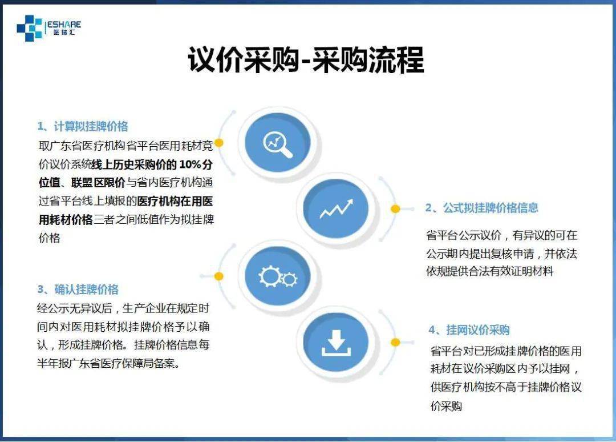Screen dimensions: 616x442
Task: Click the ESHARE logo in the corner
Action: click(x=48, y=28)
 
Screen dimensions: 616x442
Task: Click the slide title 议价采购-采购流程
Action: click(x=306, y=60)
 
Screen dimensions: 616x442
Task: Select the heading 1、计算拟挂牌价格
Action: click(x=83, y=126)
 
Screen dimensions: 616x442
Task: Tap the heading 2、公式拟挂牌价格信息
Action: click(x=481, y=208)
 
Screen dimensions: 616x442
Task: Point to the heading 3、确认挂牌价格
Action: click(x=78, y=290)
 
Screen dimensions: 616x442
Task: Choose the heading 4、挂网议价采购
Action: click(x=469, y=330)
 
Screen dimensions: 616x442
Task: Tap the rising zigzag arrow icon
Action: click(x=337, y=208)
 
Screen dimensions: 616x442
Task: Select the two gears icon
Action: click(x=278, y=276)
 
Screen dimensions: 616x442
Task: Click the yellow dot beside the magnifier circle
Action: click(x=219, y=143)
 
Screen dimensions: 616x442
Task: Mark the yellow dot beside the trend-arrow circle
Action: click(x=396, y=209)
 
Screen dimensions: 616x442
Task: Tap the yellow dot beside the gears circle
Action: click(x=219, y=276)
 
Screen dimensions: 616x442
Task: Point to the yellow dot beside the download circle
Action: click(x=396, y=343)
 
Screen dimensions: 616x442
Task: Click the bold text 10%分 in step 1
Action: click(x=196, y=164)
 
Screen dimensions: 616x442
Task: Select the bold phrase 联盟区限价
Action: click(x=98, y=183)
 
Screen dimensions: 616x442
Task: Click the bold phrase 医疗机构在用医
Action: click(x=175, y=201)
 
